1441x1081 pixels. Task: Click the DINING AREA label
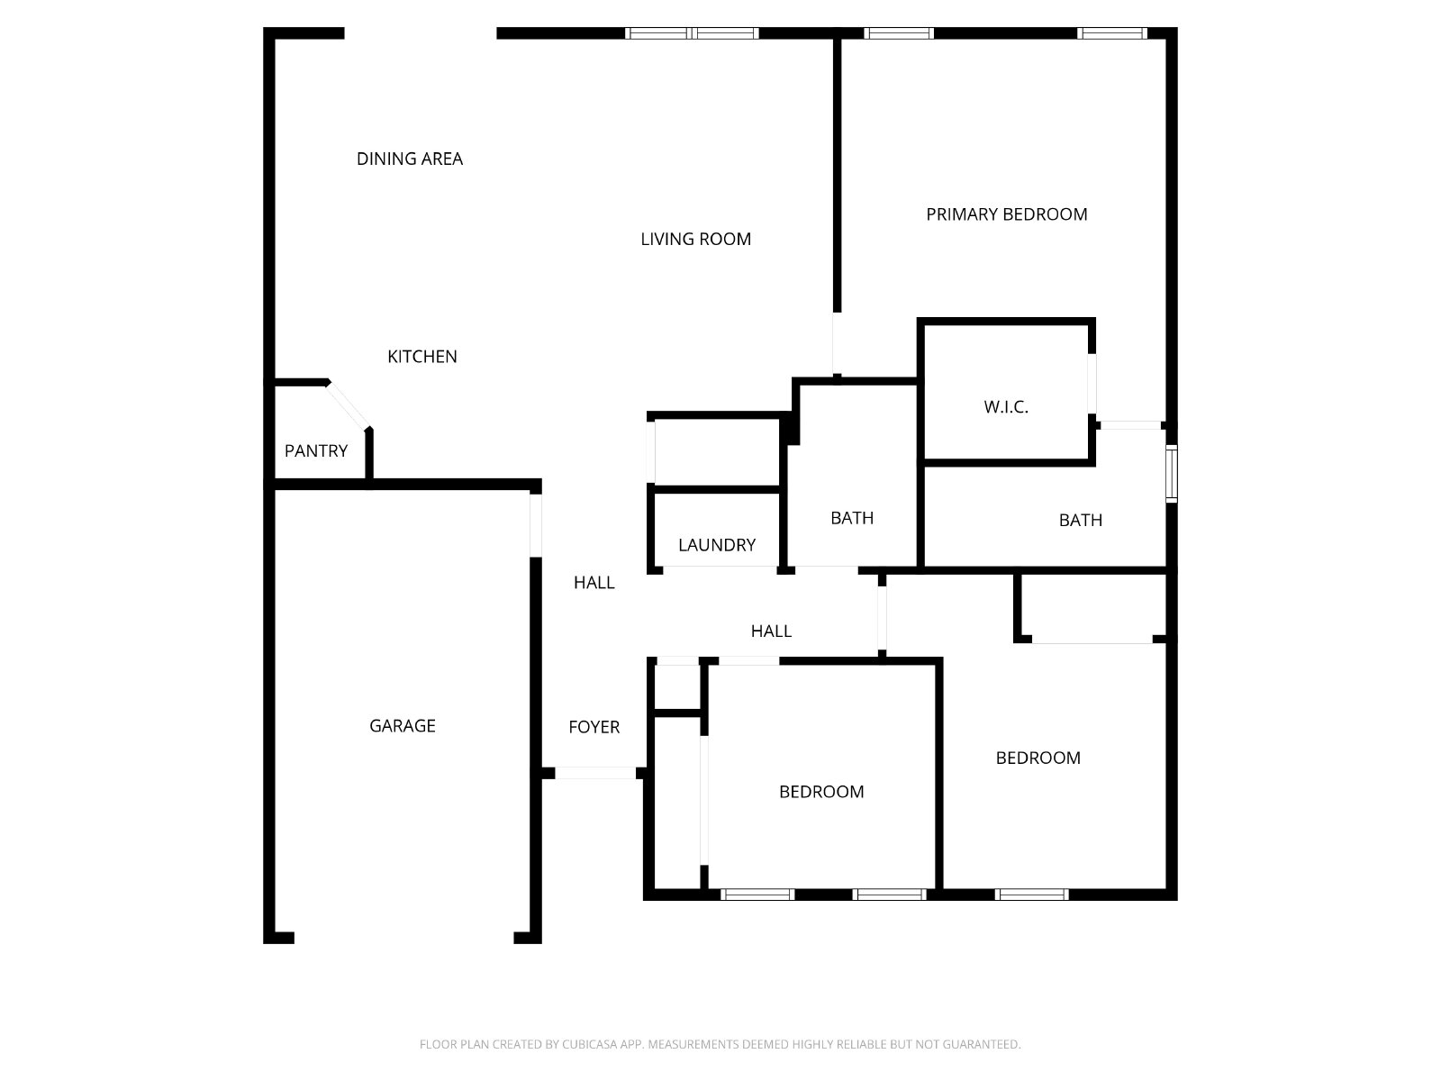pos(410,159)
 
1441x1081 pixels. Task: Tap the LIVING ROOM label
pos(696,239)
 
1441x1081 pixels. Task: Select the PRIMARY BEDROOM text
pos(1006,214)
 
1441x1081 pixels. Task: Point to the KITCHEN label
pos(422,357)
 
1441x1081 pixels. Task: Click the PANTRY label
pos(316,451)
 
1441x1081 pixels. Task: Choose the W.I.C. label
pos(1006,407)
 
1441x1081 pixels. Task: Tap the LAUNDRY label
pos(717,545)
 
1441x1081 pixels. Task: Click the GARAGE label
pos(403,725)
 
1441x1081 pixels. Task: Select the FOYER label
pos(594,727)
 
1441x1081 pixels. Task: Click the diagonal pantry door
pos(349,405)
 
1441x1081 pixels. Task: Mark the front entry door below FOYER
pos(595,773)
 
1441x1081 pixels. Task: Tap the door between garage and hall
pos(536,525)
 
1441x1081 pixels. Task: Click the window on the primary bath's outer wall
pos(1171,473)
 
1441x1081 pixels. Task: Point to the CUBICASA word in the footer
pos(587,1043)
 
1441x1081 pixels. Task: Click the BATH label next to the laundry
pos(852,518)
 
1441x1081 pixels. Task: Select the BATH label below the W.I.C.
pos(1081,520)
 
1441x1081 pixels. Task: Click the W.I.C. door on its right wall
pos(1092,384)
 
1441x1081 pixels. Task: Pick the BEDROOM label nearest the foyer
pos(821,792)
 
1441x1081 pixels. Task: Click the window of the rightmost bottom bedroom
pos(1031,894)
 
